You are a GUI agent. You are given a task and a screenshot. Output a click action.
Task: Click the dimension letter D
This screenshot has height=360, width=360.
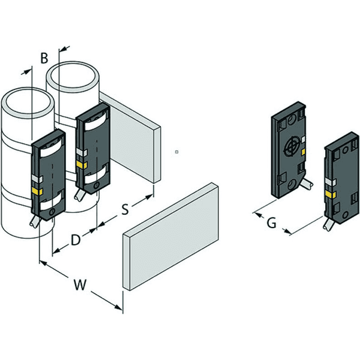point(76,239)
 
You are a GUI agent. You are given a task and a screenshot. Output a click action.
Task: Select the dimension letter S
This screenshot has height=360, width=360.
point(125,209)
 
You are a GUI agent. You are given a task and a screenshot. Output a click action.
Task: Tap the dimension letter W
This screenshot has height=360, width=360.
point(80,284)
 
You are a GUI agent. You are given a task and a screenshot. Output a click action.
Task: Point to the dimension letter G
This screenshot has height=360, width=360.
point(272,223)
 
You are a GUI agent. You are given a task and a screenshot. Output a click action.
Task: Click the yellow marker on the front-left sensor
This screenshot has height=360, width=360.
point(37,191)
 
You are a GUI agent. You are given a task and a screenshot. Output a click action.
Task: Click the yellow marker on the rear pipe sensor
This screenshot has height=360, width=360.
point(82,164)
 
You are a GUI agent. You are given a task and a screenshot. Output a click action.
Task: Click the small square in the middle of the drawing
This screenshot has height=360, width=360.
point(176,152)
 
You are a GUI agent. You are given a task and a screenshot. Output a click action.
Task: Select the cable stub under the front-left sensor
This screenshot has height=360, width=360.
point(35,221)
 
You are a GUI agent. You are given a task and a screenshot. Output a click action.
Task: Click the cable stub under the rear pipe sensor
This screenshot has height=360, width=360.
point(79,195)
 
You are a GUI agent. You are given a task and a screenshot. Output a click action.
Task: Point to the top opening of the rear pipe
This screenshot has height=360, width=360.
point(73,76)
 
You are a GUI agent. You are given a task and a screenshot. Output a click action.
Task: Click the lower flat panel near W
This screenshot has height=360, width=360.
point(171,236)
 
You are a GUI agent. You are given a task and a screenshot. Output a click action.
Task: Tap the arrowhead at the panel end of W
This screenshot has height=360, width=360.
point(119,307)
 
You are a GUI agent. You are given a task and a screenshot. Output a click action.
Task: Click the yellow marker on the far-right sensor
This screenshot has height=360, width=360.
point(331,194)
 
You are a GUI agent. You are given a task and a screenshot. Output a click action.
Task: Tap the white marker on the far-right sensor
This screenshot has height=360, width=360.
point(331,182)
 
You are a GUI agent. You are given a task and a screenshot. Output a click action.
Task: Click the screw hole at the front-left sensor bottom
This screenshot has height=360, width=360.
point(52,212)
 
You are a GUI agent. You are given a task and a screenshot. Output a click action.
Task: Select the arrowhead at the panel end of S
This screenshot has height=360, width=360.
point(149,197)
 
